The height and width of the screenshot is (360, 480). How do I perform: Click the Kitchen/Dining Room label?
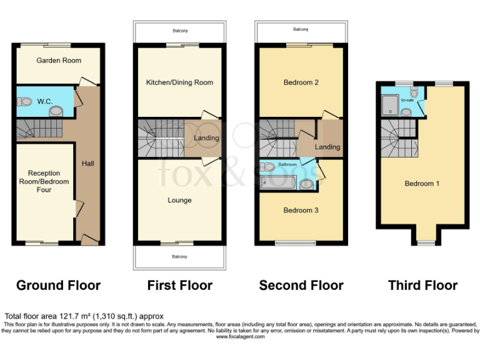pos(179,82)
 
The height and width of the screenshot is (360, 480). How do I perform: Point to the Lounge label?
pos(179,200)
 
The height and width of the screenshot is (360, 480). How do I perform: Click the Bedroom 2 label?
pos(301,82)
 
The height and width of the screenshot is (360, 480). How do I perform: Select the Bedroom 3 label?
pos(301,210)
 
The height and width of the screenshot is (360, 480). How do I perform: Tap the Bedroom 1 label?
pos(422,183)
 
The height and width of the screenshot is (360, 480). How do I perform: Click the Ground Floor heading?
pos(58,286)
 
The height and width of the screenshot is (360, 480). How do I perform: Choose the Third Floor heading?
pos(423,286)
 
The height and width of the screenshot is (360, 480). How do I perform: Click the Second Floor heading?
pos(301,286)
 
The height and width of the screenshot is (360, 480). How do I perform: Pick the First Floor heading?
pos(180,286)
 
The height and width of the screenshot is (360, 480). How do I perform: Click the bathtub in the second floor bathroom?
pos(279,183)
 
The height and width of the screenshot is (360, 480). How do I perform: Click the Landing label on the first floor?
pos(206,138)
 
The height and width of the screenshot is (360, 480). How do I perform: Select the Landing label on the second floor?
pos(327,147)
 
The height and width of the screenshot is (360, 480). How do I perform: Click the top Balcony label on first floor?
pos(180,30)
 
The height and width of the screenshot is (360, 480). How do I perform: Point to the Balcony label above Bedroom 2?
pos(301,29)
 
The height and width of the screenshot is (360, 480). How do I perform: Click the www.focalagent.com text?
pos(241,337)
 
